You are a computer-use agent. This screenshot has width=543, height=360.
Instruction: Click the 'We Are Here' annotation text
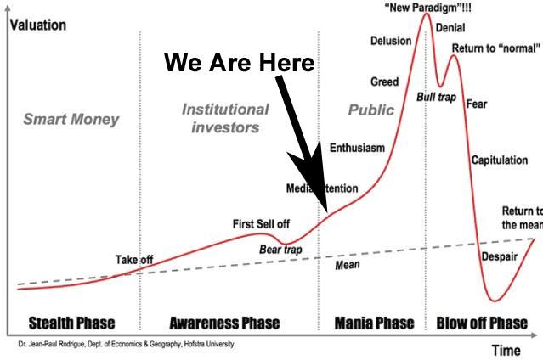coord(239,63)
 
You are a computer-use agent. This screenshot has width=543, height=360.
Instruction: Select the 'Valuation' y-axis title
coord(37,25)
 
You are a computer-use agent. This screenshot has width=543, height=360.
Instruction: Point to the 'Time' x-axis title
coord(506,350)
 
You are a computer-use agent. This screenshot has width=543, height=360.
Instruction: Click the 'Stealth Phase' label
coord(71,323)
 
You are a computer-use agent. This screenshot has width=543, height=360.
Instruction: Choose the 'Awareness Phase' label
coord(224,323)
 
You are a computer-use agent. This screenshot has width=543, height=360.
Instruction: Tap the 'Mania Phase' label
coord(373,323)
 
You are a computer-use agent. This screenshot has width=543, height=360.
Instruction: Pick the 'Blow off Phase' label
coord(482,323)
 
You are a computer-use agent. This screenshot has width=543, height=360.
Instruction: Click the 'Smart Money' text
coord(71,119)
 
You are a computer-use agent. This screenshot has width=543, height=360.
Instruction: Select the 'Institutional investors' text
coord(225,118)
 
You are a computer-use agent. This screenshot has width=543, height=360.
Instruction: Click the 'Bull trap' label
coord(436,98)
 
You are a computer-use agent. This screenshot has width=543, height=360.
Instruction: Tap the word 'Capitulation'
coord(499,160)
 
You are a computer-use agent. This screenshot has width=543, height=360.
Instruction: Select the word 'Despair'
coord(499,257)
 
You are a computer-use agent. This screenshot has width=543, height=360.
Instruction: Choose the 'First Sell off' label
coord(261,224)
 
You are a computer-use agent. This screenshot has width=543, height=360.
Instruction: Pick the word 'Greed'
coord(384,82)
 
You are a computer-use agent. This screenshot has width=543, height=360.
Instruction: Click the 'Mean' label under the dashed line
coord(347,265)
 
